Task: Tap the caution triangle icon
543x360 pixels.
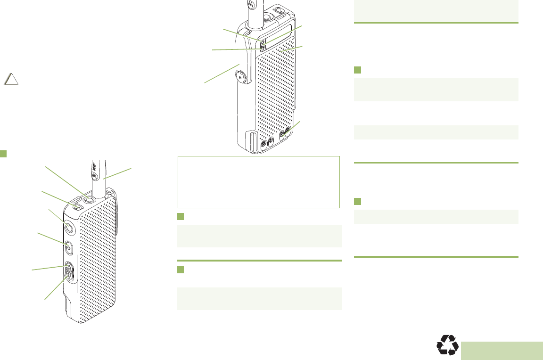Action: (x=12, y=79)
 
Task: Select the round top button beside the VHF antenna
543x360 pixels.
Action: (x=86, y=199)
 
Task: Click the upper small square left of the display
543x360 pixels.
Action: (x=263, y=41)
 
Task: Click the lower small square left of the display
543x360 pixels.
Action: (x=263, y=47)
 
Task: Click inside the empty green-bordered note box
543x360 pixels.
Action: (x=258, y=182)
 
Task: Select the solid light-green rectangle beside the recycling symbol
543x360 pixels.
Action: (x=502, y=351)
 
